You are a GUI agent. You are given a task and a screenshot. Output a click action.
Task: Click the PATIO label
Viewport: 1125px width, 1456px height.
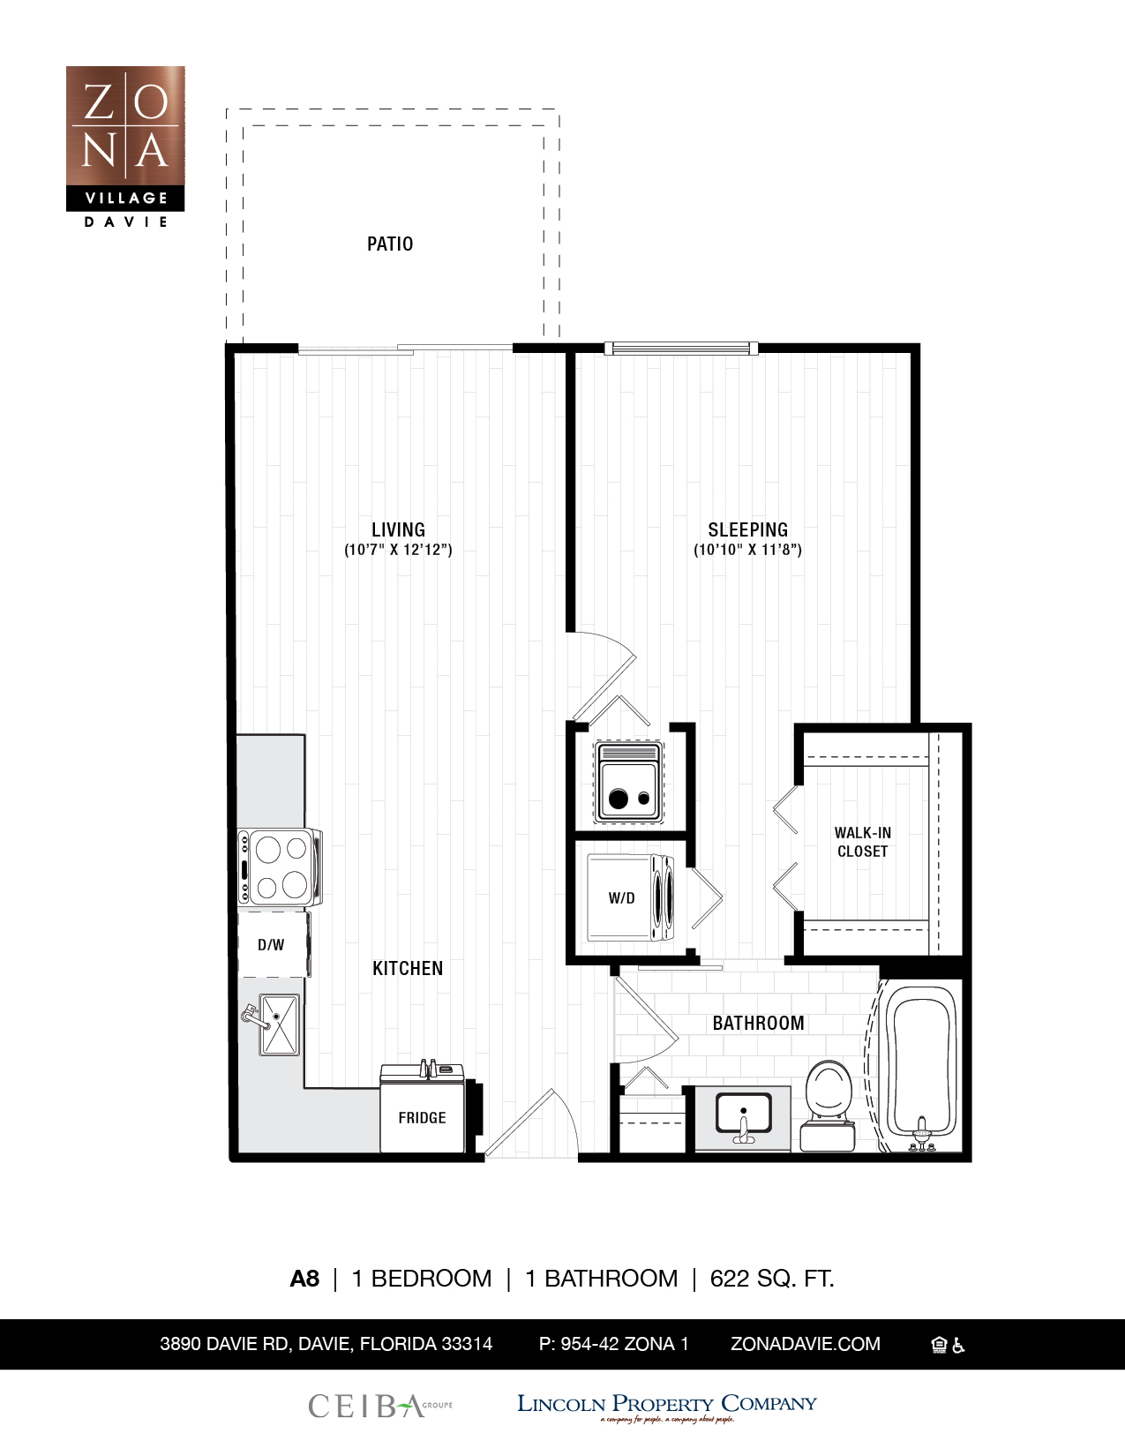point(389,244)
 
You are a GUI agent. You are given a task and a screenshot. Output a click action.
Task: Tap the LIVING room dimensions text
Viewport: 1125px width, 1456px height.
point(398,550)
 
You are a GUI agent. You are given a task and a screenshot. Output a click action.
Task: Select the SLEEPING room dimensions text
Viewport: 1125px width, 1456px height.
point(747,550)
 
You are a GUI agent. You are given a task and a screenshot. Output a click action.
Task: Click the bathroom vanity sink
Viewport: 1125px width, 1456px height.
point(743,1115)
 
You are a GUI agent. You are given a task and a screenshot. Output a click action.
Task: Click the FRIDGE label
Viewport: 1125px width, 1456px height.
point(422,1118)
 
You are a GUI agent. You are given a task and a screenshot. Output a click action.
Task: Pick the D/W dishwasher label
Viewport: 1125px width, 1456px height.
point(271,945)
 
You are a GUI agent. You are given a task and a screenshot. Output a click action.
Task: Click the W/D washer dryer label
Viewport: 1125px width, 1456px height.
point(621,898)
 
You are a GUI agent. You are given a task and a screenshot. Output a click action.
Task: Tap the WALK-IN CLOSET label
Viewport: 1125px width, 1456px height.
point(862,842)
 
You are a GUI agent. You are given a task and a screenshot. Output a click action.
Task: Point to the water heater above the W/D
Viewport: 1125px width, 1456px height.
point(628,783)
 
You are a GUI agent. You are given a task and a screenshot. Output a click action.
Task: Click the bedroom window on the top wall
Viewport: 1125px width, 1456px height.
point(680,349)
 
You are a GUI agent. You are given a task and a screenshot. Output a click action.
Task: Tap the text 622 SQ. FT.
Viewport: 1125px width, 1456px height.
point(772,1279)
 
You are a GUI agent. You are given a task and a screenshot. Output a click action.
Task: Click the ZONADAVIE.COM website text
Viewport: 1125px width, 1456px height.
point(805,1344)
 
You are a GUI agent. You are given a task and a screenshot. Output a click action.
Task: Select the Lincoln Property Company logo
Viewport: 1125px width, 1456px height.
point(666,1406)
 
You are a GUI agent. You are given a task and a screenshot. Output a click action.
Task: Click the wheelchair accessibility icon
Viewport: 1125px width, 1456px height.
point(959,1346)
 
